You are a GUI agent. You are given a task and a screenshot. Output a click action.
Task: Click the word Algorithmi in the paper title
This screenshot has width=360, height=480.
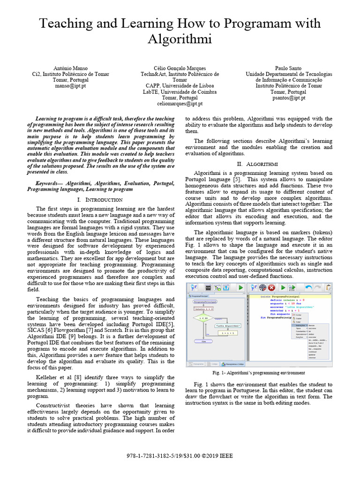pyautogui.click(x=180, y=39)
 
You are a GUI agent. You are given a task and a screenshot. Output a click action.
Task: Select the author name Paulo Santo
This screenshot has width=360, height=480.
pyautogui.click(x=289, y=68)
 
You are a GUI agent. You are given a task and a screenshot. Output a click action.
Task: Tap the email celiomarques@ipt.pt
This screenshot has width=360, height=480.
pyautogui.click(x=180, y=104)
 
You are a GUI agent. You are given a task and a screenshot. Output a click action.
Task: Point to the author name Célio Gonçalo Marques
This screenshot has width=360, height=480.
pyautogui.click(x=180, y=68)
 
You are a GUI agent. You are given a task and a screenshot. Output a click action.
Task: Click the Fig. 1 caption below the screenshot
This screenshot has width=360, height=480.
pyautogui.click(x=259, y=373)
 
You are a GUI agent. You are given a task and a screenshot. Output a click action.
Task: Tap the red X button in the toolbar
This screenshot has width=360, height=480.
pyautogui.click(x=271, y=288)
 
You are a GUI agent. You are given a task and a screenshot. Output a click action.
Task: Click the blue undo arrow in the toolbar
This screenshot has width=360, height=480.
pyautogui.click(x=308, y=288)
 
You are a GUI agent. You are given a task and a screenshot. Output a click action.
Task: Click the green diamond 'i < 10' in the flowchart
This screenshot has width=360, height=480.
pyautogui.click(x=203, y=318)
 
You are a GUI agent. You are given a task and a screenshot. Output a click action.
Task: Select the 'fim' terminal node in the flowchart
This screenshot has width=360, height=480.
pyautogui.click(x=203, y=341)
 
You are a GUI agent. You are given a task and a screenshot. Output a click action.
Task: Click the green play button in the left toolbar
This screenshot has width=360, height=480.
pyautogui.click(x=240, y=288)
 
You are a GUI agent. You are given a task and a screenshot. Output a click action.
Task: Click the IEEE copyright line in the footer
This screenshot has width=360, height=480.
pyautogui.click(x=180, y=456)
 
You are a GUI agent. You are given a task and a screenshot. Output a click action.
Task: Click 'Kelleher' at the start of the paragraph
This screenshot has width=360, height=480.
pyautogui.click(x=48, y=377)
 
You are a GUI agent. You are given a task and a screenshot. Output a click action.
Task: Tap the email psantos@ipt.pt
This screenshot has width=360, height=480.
pyautogui.click(x=289, y=98)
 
